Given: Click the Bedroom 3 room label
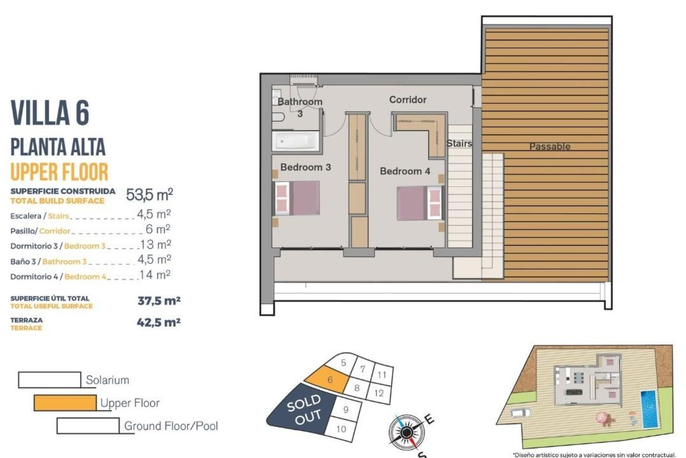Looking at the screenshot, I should [305, 167].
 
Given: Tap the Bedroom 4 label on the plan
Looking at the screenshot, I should [405, 171].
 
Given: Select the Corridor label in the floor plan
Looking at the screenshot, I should [408, 99].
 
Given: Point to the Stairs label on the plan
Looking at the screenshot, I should [459, 143].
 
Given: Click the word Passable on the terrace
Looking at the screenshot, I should [550, 146].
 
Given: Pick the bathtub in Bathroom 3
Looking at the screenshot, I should [295, 141].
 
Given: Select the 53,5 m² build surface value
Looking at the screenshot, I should [149, 195].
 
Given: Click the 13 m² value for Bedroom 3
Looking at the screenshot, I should [155, 245].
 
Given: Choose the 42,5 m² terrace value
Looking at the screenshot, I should [159, 322].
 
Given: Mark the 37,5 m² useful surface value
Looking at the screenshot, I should [159, 301].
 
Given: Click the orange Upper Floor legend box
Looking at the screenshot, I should [65, 403].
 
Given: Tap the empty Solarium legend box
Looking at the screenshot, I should [50, 380].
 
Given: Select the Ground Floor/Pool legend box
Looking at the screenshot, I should [88, 425].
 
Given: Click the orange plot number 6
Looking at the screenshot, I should [330, 380].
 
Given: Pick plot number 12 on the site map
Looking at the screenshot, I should [379, 393].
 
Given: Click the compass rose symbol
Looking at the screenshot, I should [406, 432].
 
